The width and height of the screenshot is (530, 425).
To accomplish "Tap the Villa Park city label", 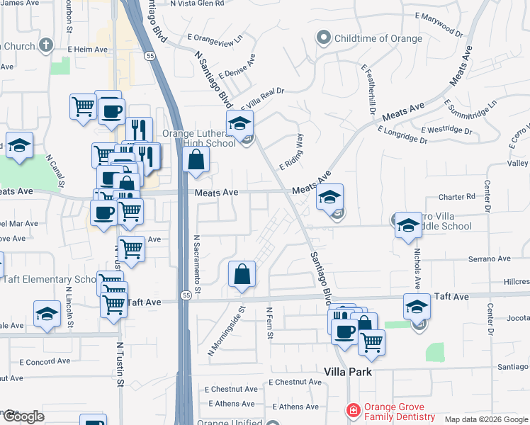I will (348, 372).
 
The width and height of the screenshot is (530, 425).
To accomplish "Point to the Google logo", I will (23, 416).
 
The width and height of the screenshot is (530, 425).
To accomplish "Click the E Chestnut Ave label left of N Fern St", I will (232, 389).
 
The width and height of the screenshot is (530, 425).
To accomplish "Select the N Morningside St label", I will (225, 330).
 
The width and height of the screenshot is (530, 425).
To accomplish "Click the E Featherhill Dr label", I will (367, 90).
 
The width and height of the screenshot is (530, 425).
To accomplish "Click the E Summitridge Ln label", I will (471, 112).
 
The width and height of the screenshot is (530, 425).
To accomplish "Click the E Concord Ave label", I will (45, 361).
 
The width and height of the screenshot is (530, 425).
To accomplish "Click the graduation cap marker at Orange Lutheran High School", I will (239, 123).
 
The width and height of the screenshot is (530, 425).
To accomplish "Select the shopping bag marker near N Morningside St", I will (242, 274).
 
